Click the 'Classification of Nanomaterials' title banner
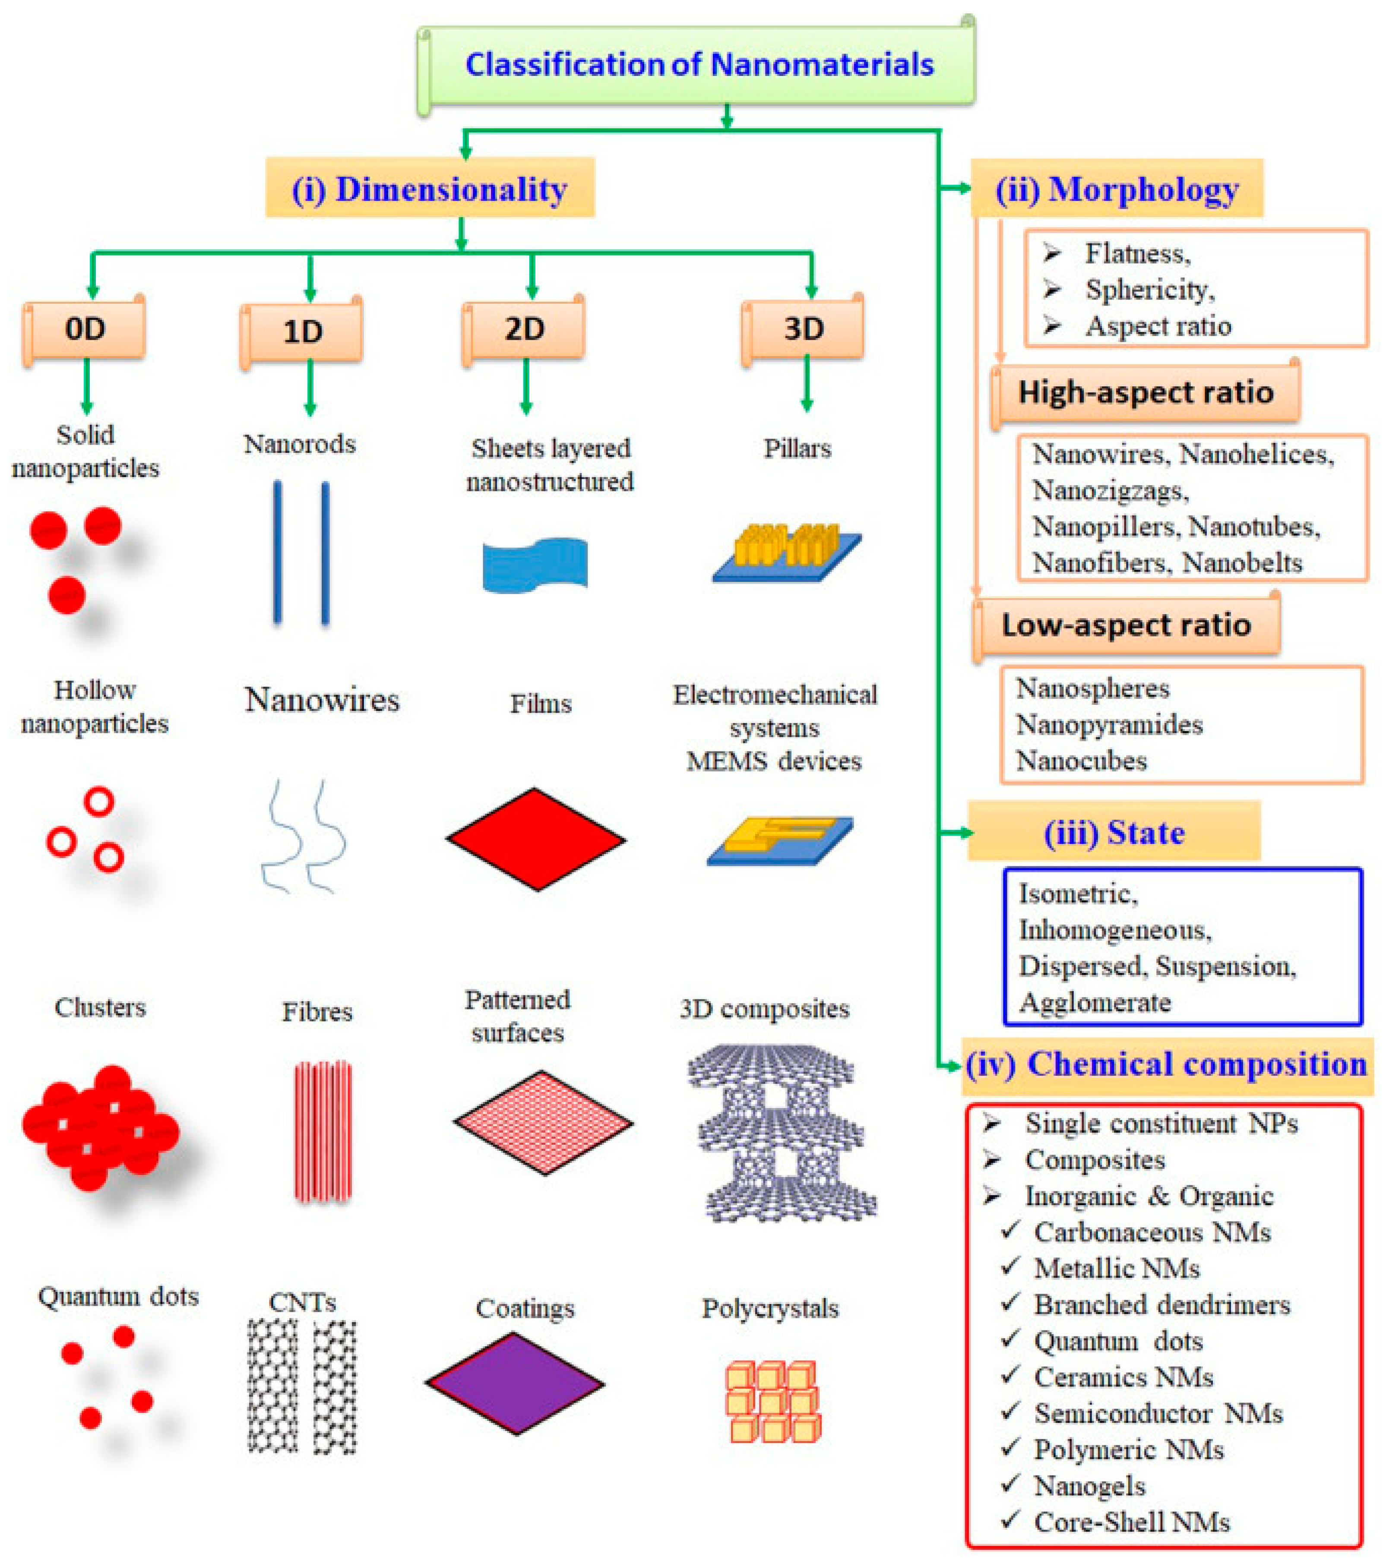click(x=698, y=65)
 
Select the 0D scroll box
click(x=85, y=330)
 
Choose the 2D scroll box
click(x=524, y=330)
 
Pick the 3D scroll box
click(x=804, y=330)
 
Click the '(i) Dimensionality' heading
click(x=430, y=189)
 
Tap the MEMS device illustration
click(x=780, y=840)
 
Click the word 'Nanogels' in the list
click(x=1089, y=1485)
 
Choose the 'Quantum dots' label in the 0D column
click(x=118, y=1296)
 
